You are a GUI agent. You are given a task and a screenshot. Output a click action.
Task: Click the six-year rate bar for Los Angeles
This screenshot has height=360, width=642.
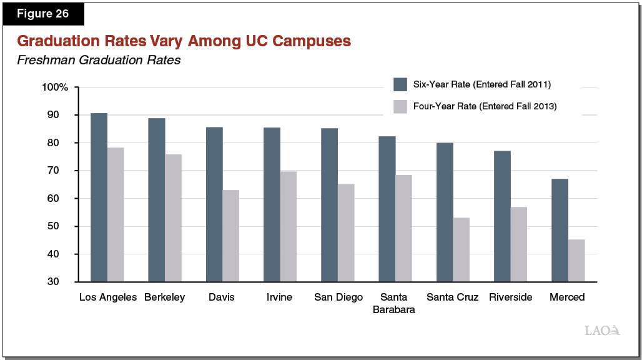(x=99, y=197)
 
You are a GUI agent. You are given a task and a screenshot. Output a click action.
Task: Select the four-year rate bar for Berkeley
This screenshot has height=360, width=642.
(x=173, y=218)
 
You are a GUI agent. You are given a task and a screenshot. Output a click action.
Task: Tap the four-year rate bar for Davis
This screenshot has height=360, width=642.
(x=230, y=236)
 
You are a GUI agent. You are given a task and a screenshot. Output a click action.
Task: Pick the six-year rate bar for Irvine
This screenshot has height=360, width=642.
(x=272, y=204)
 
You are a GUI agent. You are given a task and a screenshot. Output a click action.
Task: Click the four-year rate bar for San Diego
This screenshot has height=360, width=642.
(x=346, y=232)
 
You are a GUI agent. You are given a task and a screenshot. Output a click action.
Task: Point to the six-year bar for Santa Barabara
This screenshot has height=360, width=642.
(x=387, y=209)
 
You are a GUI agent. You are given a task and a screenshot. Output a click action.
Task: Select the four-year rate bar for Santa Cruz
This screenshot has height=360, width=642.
(x=461, y=249)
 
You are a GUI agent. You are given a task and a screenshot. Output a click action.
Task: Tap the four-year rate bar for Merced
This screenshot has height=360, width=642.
(x=576, y=261)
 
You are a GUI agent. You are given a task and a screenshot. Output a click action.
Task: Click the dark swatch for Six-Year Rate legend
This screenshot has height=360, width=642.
(x=400, y=84)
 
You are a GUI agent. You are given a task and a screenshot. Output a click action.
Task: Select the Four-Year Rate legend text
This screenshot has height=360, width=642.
(x=485, y=107)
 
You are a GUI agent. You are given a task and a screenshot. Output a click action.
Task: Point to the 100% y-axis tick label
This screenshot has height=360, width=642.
(x=54, y=87)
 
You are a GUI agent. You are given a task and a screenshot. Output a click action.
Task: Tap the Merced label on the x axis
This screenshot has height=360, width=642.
(x=567, y=297)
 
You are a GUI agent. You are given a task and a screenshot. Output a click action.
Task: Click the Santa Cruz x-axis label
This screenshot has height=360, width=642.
(x=452, y=297)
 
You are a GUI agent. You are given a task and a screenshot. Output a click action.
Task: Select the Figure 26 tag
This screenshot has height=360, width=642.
(x=43, y=14)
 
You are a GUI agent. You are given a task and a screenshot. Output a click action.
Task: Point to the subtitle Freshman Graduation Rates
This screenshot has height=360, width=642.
(x=98, y=61)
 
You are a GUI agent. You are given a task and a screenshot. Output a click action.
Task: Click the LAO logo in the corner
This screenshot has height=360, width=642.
(x=601, y=331)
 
